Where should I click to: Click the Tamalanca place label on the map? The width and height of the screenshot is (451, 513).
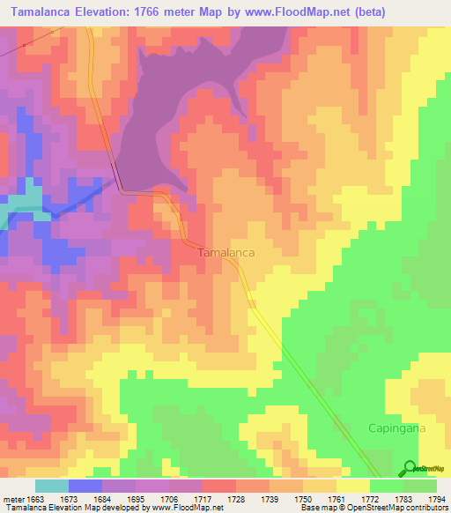226,252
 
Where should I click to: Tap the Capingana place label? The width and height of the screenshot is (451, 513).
396,427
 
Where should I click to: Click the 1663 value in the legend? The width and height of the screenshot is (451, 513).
34,498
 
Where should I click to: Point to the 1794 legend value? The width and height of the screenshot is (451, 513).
437,498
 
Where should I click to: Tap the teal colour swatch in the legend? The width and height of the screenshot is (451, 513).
51,486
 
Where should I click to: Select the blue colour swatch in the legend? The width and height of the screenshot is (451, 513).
85,486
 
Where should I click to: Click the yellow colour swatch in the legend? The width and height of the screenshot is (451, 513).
352,486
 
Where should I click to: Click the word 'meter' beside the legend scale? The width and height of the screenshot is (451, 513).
11,498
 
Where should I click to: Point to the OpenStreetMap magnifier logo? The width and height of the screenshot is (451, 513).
410,468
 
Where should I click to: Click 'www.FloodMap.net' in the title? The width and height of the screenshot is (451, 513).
290,11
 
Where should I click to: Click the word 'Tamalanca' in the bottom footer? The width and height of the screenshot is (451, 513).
24,509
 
